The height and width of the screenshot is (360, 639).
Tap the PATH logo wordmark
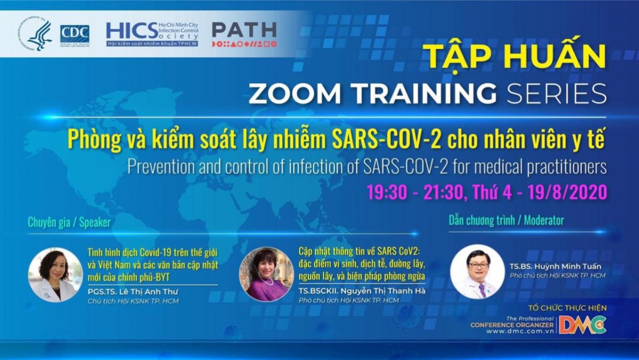point(244,30)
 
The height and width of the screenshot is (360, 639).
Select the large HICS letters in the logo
point(132,31)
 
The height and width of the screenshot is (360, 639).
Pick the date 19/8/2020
point(567,192)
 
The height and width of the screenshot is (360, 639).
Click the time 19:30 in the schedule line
point(387,192)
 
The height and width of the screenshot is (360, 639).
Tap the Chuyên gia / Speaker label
point(69,223)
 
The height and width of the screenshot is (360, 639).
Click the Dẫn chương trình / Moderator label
point(506,220)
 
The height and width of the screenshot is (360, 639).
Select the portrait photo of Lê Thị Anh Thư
point(55,275)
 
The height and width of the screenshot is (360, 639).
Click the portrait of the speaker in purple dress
point(266,274)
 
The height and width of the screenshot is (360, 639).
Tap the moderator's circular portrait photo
point(478,272)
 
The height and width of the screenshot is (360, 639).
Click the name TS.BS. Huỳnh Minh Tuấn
point(555,266)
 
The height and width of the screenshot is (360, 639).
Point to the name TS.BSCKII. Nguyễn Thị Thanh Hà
point(362,291)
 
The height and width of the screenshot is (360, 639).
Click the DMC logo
point(583,325)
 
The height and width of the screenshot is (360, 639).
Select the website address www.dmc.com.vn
point(520,331)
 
